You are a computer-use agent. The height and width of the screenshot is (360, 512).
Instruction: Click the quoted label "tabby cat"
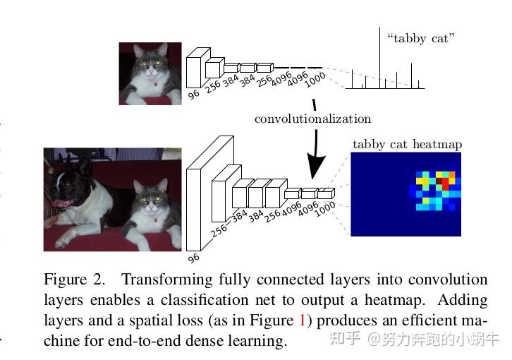pos(420,38)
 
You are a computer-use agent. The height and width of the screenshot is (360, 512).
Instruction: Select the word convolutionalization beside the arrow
pos(312,119)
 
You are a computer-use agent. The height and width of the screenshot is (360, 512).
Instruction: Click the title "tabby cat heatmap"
pos(407,145)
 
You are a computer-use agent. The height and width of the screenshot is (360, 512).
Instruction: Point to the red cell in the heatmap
pos(442,182)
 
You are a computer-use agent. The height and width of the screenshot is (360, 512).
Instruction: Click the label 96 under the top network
pos(193,93)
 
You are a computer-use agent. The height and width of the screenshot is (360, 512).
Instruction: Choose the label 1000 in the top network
pos(315,81)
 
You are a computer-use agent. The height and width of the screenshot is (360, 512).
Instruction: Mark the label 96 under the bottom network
pos(193,258)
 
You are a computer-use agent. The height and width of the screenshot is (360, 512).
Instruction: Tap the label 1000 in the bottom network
pos(324,209)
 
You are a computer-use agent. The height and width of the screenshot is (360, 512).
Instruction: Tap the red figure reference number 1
pos(303,320)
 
